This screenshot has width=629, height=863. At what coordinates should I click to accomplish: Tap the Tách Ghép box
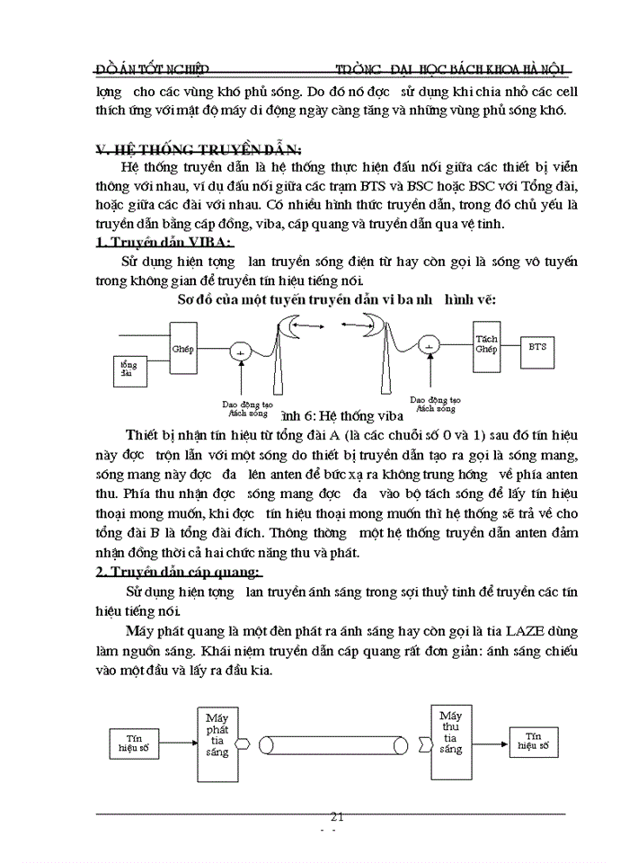pos(486,344)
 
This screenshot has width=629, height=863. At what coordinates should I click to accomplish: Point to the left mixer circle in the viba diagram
pos(240,351)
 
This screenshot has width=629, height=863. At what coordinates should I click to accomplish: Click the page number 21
pos(338,817)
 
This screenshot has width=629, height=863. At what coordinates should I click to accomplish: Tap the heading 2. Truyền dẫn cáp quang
pos(179,573)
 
